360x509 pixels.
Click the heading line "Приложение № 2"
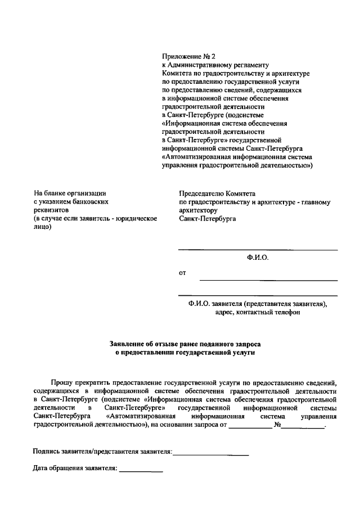[188, 57]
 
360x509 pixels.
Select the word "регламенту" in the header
[250, 65]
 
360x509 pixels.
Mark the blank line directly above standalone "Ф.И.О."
[258, 250]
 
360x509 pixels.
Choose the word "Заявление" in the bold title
[128, 343]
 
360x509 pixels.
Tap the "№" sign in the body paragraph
[277, 425]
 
